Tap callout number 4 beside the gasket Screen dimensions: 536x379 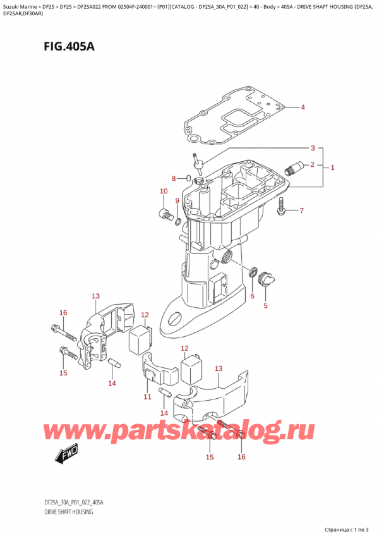pos(303,107)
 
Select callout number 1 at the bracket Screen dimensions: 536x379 pos(332,167)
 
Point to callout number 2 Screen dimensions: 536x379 pos(311,165)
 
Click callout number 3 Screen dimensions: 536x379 pos(311,149)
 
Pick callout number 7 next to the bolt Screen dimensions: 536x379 pos(301,210)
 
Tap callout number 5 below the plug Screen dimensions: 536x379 pos(265,306)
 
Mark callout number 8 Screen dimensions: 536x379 pos(174,179)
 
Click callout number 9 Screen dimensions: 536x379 pos(177,201)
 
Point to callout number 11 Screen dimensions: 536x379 pos(147,397)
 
